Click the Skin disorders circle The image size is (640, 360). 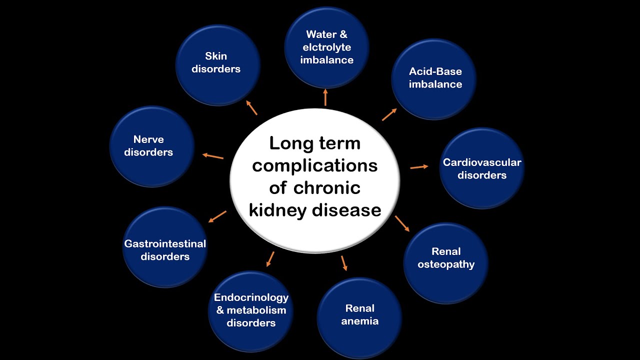[x=217, y=65]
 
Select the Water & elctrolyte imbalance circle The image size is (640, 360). [x=326, y=47]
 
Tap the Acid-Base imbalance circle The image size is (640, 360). [x=434, y=79]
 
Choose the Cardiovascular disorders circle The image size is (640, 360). [x=481, y=168]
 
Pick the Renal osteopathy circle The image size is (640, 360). [x=445, y=263]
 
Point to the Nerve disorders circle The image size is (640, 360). [x=151, y=146]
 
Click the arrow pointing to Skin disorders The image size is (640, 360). [x=252, y=107]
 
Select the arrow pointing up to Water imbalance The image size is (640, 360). [x=325, y=97]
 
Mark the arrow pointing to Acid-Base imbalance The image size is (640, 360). [x=389, y=114]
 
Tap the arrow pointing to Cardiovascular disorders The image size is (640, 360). [x=419, y=167]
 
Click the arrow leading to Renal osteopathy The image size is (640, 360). [x=402, y=223]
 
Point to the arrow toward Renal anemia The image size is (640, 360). [x=344, y=263]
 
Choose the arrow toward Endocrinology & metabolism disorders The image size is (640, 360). [x=270, y=258]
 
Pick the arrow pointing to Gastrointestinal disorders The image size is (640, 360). [x=217, y=216]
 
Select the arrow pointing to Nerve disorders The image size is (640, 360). [x=213, y=156]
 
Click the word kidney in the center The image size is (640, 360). [x=278, y=210]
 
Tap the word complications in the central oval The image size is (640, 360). [x=314, y=165]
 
